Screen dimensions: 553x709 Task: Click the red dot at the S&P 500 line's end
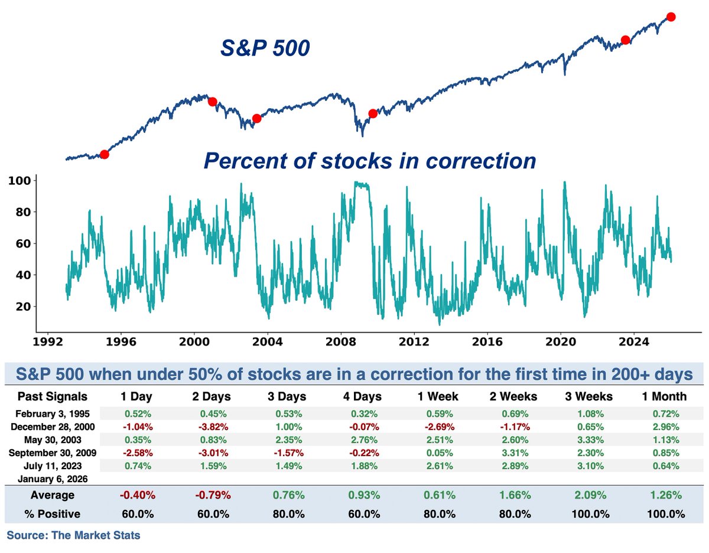pyautogui.click(x=671, y=17)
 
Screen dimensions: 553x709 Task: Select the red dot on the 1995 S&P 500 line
pyautogui.click(x=105, y=154)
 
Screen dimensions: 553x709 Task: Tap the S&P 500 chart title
pyautogui.click(x=265, y=48)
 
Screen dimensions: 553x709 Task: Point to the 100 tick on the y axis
pyautogui.click(x=22, y=180)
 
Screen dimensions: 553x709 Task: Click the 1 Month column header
pyautogui.click(x=665, y=396)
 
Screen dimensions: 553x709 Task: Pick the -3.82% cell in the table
pyautogui.click(x=212, y=425)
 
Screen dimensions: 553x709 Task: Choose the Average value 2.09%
pyautogui.click(x=588, y=495)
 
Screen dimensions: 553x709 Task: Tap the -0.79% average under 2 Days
pyautogui.click(x=212, y=495)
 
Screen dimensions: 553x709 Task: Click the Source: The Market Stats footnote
pyautogui.click(x=73, y=536)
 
